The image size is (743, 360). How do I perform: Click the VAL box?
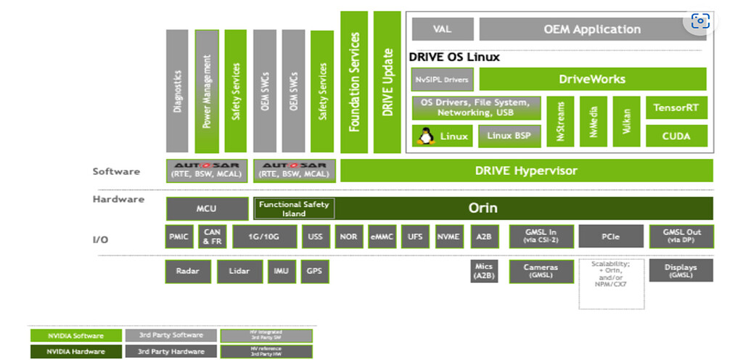pos(443,29)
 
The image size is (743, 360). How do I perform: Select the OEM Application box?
pos(592,29)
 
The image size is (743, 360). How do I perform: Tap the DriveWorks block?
pos(592,78)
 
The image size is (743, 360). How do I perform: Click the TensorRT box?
pos(676,107)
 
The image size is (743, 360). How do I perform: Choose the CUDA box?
pos(676,136)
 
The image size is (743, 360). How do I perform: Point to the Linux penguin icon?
pos(425,136)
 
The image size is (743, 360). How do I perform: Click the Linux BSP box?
pos(509,136)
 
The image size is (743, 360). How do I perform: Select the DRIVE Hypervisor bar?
pos(526,171)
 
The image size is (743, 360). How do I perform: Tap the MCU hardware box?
pos(206,208)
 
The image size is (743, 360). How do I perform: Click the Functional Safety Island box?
pos(294,208)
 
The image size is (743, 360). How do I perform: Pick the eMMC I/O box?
pos(382,237)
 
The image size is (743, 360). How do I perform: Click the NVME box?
pos(450,237)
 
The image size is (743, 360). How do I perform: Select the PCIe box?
pos(610,237)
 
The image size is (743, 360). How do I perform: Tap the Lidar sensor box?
pos(239,271)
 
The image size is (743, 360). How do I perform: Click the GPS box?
pos(314,271)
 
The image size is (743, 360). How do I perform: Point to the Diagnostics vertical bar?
pos(177,91)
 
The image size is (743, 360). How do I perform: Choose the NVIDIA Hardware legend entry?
pos(75,351)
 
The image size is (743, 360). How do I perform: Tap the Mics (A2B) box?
pos(483,271)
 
